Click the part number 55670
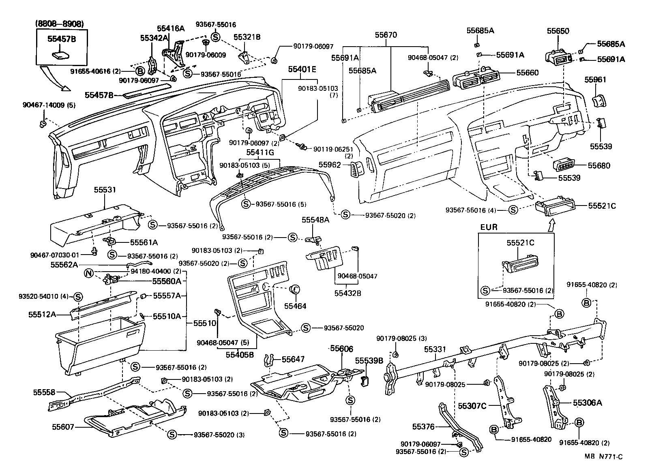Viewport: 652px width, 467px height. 386,35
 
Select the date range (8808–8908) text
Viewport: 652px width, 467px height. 60,24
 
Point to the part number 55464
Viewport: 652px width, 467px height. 296,306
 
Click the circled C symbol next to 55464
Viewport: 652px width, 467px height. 296,289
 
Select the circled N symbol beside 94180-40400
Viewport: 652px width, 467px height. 89,273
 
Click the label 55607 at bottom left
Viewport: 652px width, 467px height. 62,426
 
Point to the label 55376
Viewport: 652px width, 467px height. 423,426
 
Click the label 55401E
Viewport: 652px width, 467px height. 302,69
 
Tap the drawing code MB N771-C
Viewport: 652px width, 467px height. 603,456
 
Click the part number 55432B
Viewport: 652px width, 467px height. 347,293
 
